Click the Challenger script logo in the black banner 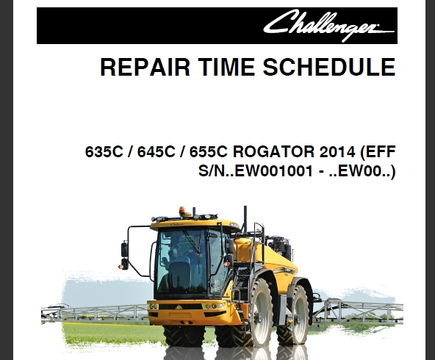pyautogui.click(x=328, y=26)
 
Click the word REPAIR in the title pyautogui.click(x=145, y=67)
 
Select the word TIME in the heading pyautogui.click(x=226, y=67)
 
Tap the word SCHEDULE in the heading pyautogui.click(x=329, y=67)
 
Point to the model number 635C pyautogui.click(x=104, y=151)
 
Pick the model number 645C pyautogui.click(x=157, y=151)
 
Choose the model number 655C pyautogui.click(x=209, y=151)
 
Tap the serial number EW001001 pyautogui.click(x=274, y=171)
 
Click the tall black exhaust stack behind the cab pyautogui.click(x=245, y=220)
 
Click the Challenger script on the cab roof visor pyautogui.click(x=176, y=223)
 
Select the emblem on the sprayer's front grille pyautogui.click(x=178, y=307)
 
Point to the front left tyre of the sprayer pyautogui.click(x=184, y=336)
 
